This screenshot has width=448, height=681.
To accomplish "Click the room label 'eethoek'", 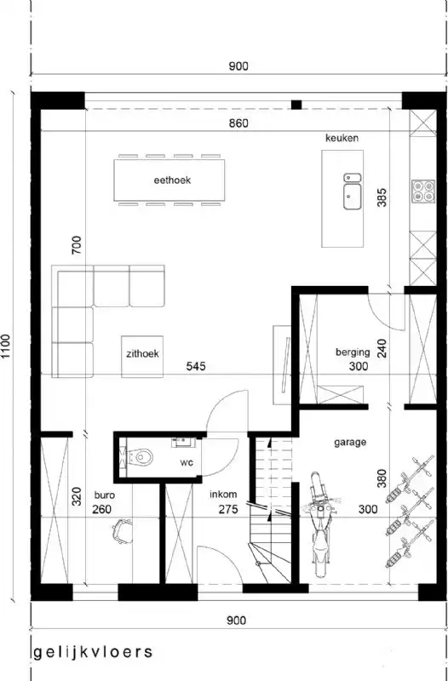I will [171, 180].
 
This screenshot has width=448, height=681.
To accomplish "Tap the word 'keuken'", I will [342, 138].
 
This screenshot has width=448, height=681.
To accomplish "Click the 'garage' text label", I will [350, 442].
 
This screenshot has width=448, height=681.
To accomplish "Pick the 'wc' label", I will [186, 463].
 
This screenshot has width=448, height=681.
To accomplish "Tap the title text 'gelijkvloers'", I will [94, 653].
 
